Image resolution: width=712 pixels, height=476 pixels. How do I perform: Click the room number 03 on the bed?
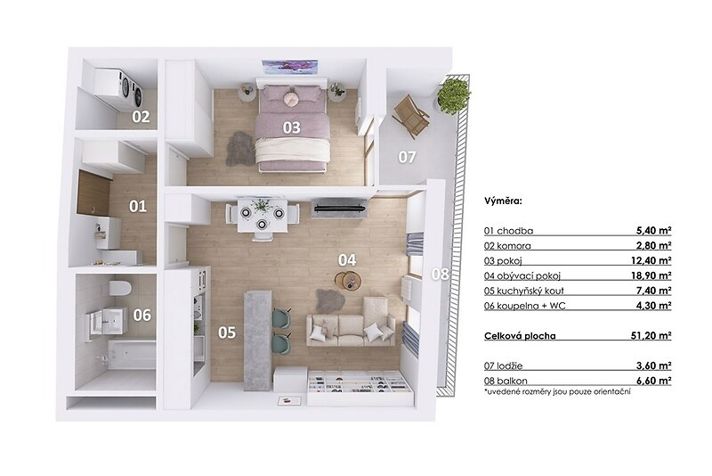click(292, 127)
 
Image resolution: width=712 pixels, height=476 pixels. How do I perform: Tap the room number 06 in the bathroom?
click(142, 315)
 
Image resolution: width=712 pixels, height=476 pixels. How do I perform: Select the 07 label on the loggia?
click(407, 157)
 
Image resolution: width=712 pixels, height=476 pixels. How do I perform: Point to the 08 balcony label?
click(440, 275)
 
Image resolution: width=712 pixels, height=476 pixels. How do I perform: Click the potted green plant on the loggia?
click(453, 96)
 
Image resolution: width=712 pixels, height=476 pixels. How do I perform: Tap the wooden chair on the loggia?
click(411, 117)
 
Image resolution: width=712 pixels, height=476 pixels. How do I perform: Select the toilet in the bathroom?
click(120, 288)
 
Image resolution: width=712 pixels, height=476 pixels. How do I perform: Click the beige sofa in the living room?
click(351, 323)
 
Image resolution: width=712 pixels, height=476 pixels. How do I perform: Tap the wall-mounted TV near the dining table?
click(340, 209)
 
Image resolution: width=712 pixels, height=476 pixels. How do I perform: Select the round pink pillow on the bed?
click(291, 98)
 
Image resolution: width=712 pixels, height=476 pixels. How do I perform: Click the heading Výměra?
click(503, 201)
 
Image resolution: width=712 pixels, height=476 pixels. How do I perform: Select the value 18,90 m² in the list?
click(654, 275)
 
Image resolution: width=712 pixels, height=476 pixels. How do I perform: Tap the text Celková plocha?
click(520, 336)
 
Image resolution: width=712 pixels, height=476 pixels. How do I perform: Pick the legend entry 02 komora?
click(507, 246)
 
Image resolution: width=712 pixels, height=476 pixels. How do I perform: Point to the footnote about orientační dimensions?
click(557, 391)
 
